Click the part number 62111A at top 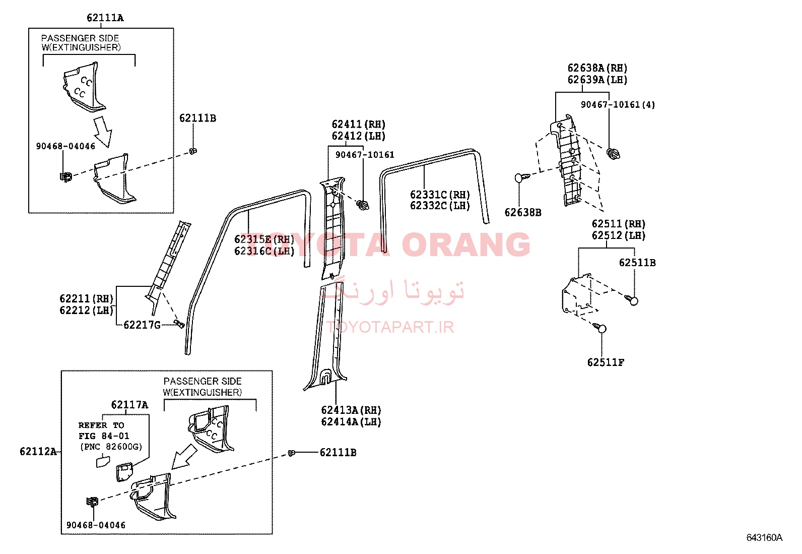tap(105, 18)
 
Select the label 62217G tap(142, 325)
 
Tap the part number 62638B tap(523, 213)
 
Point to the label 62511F tap(606, 362)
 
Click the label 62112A tap(38, 452)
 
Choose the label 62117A tap(129, 405)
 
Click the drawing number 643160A tap(764, 537)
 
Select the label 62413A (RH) tap(351, 410)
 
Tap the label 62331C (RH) tap(440, 195)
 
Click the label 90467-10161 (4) tap(618, 105)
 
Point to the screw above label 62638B tap(522, 177)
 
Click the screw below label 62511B tap(632, 300)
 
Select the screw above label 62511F tap(599, 328)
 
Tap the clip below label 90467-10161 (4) tap(613, 154)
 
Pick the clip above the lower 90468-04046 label tap(92, 502)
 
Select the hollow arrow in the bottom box tap(184, 457)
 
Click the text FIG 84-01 tap(104, 436)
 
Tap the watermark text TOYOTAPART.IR tap(389, 327)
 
